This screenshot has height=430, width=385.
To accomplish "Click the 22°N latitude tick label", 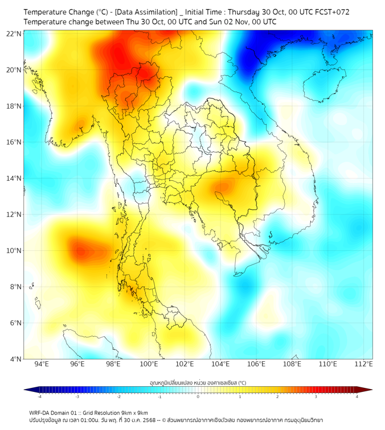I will tap(14, 34).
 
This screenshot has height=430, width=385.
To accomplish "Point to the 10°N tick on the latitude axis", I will tap(14, 250).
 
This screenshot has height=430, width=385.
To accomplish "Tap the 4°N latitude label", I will tap(15, 359).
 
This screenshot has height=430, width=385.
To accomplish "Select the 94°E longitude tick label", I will tap(42, 364).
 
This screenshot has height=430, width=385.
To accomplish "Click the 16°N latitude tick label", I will tap(14, 142).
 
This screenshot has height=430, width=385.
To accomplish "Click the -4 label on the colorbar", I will tap(39, 396).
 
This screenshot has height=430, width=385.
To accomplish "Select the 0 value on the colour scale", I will tap(198, 396).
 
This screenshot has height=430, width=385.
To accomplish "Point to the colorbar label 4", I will tap(357, 396).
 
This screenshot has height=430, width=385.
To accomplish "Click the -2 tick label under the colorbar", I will tap(118, 396).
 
